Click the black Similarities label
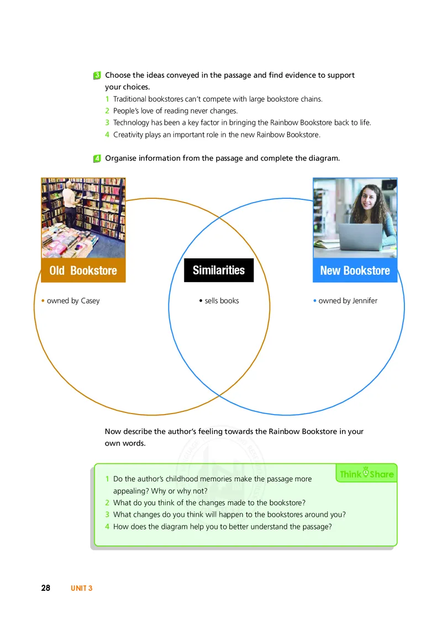(219, 270)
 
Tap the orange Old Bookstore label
(83, 270)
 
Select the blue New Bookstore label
(355, 270)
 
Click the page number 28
(46, 588)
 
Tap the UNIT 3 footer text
(81, 589)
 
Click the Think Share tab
(367, 473)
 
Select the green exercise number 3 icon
(97, 75)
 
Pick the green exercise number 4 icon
(97, 158)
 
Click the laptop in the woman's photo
(360, 237)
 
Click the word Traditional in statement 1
(130, 99)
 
